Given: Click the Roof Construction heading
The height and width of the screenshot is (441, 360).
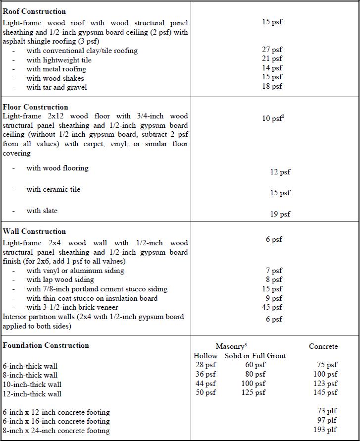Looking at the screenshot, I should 34,11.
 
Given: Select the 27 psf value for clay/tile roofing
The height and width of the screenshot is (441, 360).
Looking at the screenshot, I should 272,50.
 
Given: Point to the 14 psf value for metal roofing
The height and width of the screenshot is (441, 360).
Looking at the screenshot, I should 272,68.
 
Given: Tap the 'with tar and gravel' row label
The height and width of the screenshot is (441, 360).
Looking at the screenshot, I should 57,87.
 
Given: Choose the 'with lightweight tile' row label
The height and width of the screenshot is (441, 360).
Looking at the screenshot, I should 59,60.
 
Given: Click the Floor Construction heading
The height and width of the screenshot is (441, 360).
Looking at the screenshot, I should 36,107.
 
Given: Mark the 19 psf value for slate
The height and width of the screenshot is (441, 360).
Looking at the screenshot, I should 280,214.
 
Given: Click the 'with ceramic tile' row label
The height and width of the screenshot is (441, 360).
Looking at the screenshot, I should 53,189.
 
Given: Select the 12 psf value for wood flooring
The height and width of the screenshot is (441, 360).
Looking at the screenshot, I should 280,172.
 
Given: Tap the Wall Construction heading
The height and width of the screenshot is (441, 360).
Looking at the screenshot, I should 34,231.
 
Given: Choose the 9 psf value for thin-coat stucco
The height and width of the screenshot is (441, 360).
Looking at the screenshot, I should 274,298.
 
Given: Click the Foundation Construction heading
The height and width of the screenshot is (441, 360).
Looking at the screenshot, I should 46,345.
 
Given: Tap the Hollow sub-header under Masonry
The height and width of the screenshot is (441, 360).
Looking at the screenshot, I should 206,356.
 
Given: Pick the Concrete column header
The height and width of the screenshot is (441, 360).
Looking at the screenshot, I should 323,346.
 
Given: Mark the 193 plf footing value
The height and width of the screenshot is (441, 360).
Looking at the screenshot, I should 325,430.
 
